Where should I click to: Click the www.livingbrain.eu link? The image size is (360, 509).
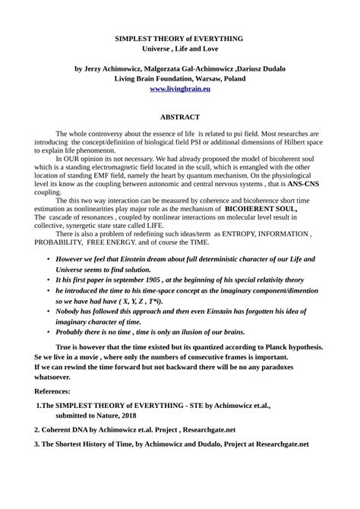(x=179, y=89)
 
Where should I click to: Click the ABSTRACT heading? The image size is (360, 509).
(x=179, y=118)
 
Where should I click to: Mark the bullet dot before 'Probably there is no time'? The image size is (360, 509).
(x=49, y=353)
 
